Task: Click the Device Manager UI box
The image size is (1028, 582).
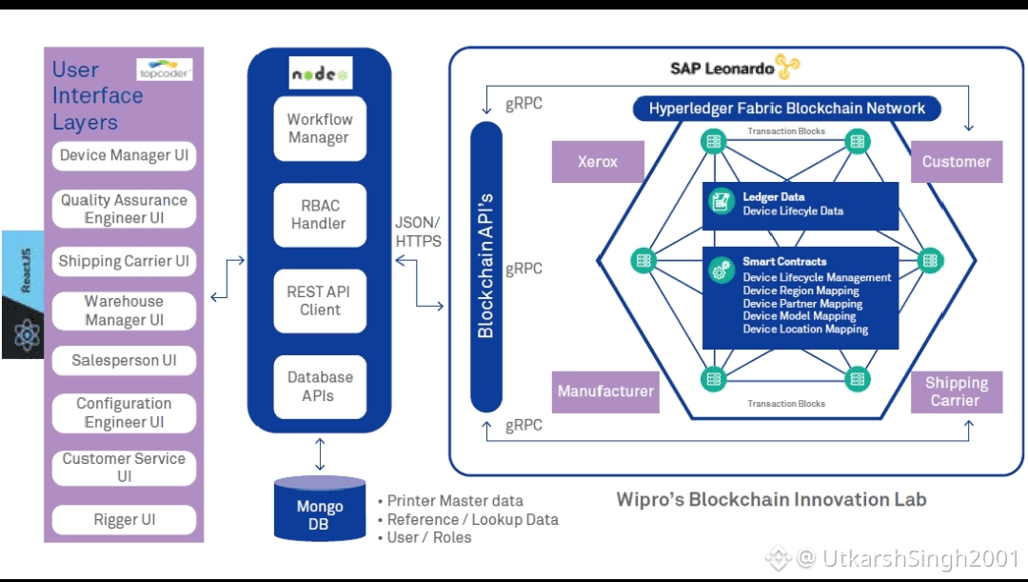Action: click(x=124, y=156)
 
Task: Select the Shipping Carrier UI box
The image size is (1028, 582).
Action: click(x=124, y=261)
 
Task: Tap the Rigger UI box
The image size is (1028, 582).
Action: click(x=124, y=520)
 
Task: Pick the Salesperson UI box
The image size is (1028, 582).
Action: click(x=124, y=361)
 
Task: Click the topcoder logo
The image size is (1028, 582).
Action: click(x=165, y=71)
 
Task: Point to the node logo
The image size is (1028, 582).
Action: click(x=320, y=73)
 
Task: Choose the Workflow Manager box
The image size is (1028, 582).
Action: click(x=320, y=129)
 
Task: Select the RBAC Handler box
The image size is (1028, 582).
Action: click(x=320, y=215)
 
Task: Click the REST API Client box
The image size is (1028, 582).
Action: click(x=320, y=301)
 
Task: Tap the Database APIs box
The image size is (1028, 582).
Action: click(x=320, y=387)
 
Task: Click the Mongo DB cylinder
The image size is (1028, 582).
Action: click(x=320, y=509)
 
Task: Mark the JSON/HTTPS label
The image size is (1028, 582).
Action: click(x=418, y=231)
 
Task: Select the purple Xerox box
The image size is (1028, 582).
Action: click(x=598, y=162)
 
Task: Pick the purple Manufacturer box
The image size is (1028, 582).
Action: click(x=606, y=391)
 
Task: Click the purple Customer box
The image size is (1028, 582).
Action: click(x=956, y=162)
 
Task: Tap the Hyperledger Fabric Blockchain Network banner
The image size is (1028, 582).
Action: click(x=787, y=109)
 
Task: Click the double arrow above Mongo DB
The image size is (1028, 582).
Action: click(x=320, y=453)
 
